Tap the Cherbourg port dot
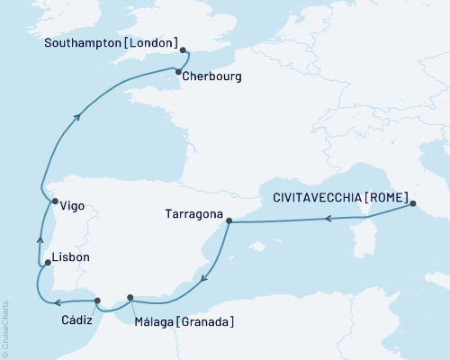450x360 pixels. [178, 72]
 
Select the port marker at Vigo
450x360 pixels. [54, 202]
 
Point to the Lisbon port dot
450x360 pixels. [48, 263]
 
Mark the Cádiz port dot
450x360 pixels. [98, 300]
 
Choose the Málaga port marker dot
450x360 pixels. [131, 298]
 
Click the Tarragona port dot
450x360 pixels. [229, 220]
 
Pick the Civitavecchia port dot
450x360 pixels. [413, 203]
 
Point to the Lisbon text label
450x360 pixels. [71, 257]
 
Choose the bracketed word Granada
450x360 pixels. [207, 321]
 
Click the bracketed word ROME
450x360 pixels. [388, 197]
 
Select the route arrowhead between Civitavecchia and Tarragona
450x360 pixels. [330, 219]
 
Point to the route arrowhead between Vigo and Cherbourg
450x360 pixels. [80, 114]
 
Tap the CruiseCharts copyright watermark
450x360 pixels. [5, 328]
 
